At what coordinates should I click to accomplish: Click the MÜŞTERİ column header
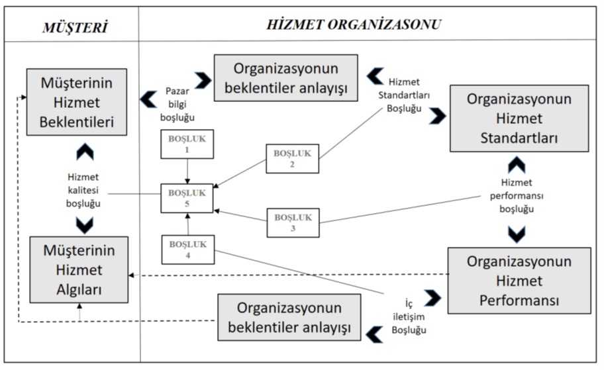[74, 27]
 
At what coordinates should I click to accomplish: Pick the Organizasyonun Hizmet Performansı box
[519, 281]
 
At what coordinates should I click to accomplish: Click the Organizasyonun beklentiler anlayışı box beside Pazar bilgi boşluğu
[285, 77]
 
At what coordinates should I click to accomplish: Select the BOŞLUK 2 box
[292, 158]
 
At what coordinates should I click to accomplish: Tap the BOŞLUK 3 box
[293, 222]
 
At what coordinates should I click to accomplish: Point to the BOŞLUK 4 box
[187, 249]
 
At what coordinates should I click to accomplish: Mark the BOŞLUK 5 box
[187, 197]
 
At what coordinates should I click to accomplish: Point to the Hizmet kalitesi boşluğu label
[83, 190]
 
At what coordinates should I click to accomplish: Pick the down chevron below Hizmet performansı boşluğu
[517, 233]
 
